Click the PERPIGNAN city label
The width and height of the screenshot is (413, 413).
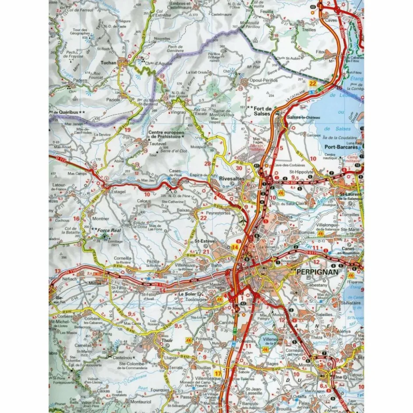click(318, 272)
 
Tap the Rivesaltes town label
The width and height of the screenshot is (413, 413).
click(232, 178)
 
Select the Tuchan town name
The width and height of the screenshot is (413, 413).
click(109, 63)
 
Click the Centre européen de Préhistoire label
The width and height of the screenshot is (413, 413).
click(165, 134)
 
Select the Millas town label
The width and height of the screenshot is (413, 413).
click(94, 283)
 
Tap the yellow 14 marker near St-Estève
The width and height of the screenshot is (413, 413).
click(235, 248)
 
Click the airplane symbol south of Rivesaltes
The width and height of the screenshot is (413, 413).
click(243, 221)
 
